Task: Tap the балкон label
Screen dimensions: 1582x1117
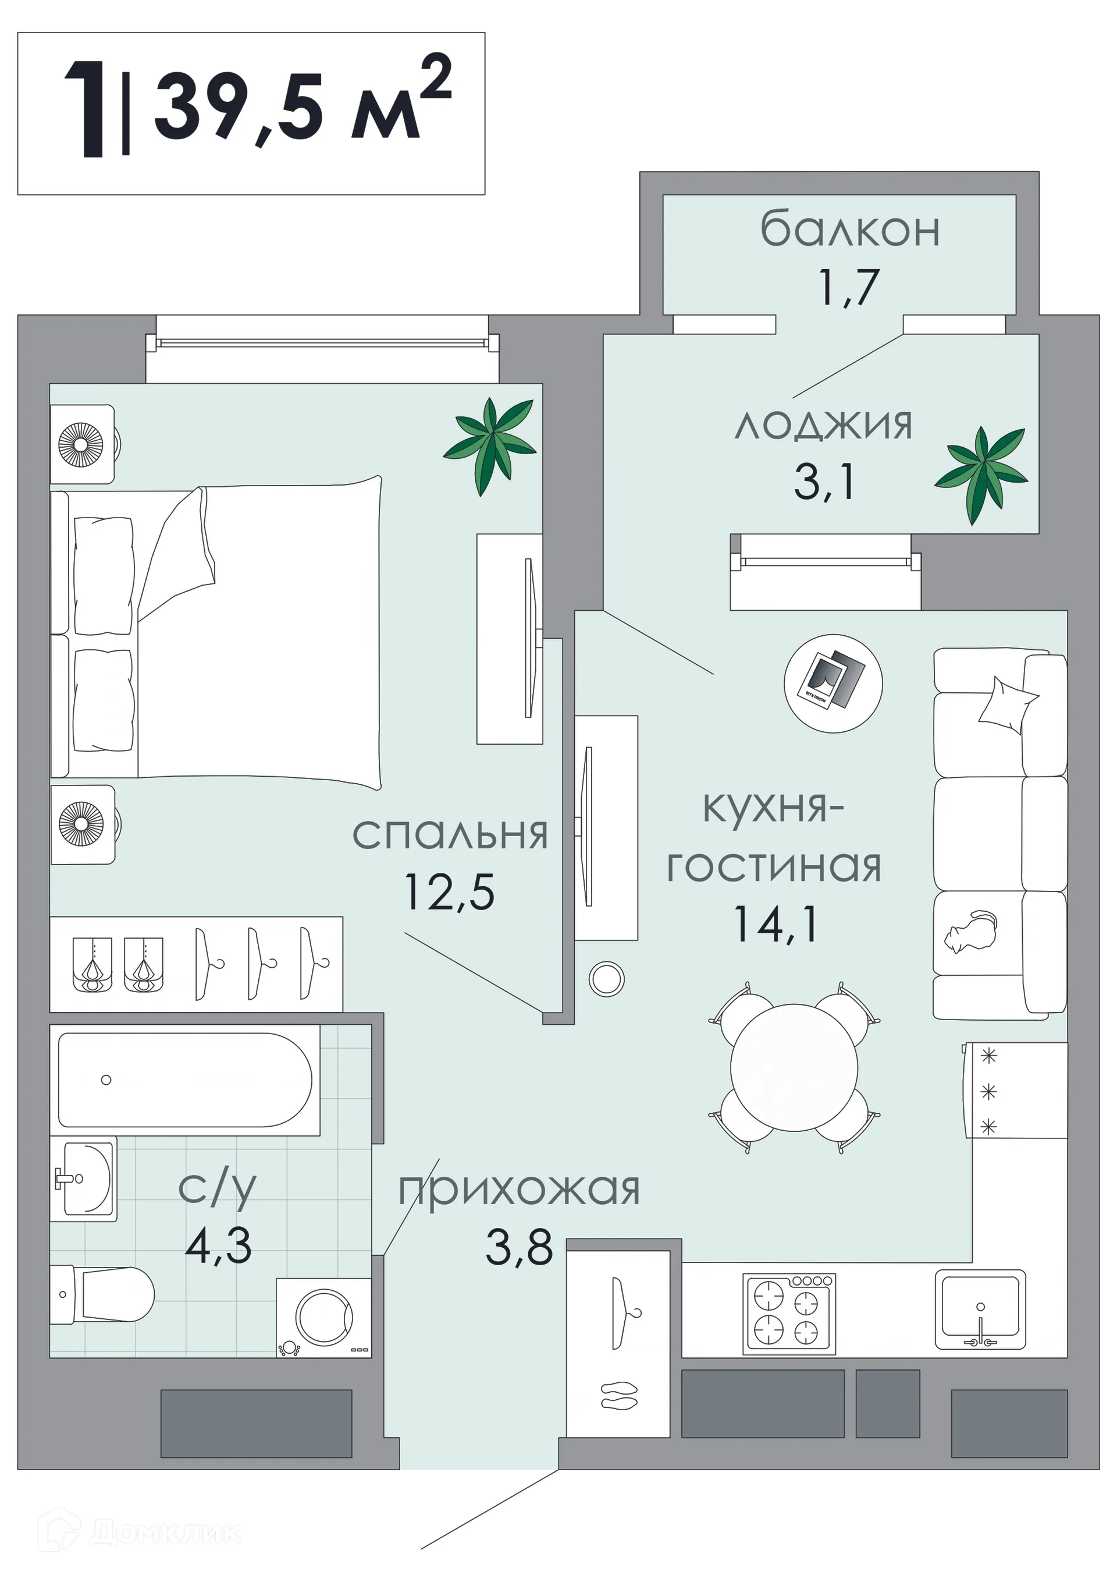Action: coord(849,230)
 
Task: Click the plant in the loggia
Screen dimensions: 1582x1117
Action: coord(981,473)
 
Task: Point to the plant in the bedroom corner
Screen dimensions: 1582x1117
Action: coord(490,444)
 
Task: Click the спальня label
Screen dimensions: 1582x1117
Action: coord(450,834)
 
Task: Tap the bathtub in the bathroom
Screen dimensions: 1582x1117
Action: coord(184,1080)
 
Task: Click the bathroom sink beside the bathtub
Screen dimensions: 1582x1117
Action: coord(86,1178)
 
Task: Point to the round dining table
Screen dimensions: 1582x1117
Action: coord(794,1067)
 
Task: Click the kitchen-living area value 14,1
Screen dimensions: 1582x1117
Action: coord(776,923)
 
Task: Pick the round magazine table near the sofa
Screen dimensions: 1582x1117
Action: coord(833,683)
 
